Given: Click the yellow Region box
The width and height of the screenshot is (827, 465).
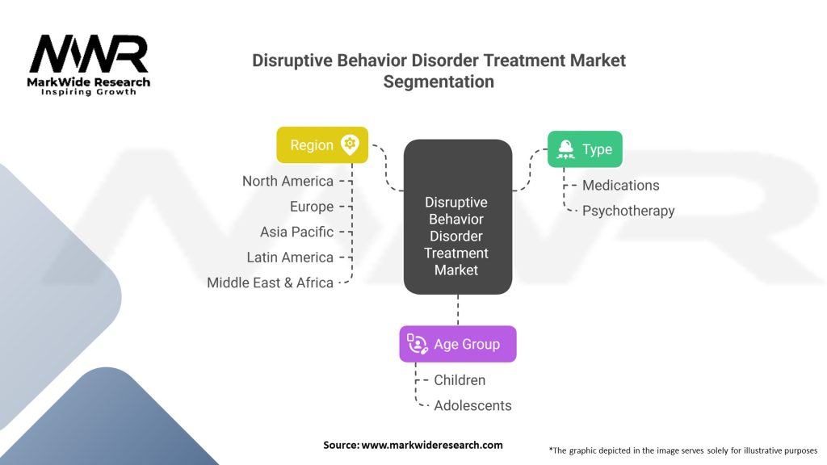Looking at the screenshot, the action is pyautogui.click(x=322, y=145).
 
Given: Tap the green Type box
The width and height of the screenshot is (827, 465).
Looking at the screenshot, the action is pyautogui.click(x=585, y=149).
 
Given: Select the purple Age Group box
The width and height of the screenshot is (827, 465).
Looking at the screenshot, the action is pyautogui.click(x=458, y=344).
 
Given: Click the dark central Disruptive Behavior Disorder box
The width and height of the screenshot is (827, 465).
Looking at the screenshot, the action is pyautogui.click(x=458, y=216).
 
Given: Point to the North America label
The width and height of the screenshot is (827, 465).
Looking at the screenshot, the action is pyautogui.click(x=288, y=182).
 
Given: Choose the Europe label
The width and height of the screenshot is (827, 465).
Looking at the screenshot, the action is pyautogui.click(x=312, y=207).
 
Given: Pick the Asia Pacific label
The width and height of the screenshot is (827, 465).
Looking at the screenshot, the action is pyautogui.click(x=297, y=232).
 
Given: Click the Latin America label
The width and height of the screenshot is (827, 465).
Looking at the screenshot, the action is pyautogui.click(x=290, y=258).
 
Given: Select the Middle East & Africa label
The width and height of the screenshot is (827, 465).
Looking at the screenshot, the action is pyautogui.click(x=270, y=283).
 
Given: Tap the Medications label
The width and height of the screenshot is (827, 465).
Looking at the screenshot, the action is pyautogui.click(x=621, y=186).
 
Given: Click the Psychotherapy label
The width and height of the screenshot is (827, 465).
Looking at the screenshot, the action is pyautogui.click(x=628, y=211).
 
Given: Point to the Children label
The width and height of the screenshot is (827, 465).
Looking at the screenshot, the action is pyautogui.click(x=460, y=380).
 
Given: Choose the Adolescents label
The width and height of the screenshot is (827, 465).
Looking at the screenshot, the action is pyautogui.click(x=472, y=405).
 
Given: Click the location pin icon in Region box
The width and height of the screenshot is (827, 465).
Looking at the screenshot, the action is pyautogui.click(x=350, y=145).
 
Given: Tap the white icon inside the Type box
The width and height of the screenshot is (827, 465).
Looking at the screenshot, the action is pyautogui.click(x=565, y=149).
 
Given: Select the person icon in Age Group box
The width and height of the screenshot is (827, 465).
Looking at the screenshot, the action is pyautogui.click(x=418, y=344).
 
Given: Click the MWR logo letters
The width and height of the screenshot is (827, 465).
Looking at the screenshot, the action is pyautogui.click(x=89, y=54).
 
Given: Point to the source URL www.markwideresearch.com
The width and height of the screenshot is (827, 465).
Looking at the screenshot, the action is pyautogui.click(x=432, y=445).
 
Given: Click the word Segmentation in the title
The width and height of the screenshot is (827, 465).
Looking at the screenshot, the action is pyautogui.click(x=439, y=82).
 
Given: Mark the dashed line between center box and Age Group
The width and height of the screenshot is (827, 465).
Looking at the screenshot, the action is pyautogui.click(x=458, y=310).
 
